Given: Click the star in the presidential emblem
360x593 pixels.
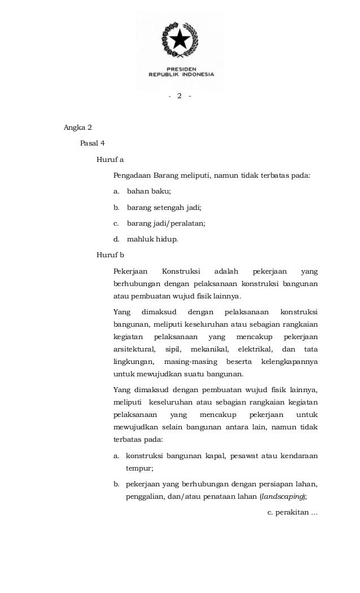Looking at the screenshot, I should pyautogui.click(x=180, y=40).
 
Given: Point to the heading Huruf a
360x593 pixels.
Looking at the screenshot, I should pyautogui.click(x=110, y=159).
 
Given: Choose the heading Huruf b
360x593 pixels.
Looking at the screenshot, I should pyautogui.click(x=110, y=254).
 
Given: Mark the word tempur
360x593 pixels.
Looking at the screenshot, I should pyautogui.click(x=139, y=467).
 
